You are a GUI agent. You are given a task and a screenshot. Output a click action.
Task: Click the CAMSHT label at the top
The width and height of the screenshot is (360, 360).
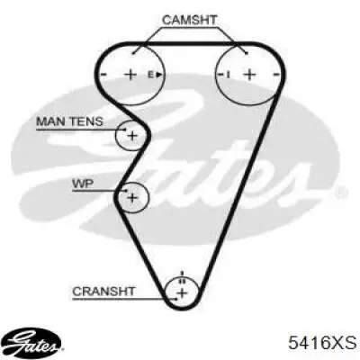pos(189,20)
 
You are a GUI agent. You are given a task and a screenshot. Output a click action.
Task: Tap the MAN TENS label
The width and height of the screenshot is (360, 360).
pos(69,121)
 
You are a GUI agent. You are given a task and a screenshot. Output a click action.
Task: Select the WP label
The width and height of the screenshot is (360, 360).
pos(83,184)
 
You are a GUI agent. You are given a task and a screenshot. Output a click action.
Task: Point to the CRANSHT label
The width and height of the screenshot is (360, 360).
pos(103,292)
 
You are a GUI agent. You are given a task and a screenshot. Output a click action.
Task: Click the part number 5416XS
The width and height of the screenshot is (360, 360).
pos(322,342)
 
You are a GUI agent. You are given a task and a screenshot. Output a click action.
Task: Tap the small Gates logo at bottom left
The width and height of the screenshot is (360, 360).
pos(33,343)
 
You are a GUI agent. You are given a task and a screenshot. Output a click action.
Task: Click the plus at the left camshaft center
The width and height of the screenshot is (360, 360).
pos(130,74)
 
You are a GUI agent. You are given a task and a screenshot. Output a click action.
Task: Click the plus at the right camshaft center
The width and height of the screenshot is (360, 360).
pos(249,74)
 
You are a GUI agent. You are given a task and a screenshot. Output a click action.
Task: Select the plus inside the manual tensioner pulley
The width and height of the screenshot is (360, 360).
pos(132,136)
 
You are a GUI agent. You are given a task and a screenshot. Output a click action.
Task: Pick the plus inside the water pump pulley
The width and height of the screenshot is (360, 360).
pos(132,198)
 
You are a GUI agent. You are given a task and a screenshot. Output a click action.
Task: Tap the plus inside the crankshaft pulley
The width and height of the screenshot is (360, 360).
pos(182,293)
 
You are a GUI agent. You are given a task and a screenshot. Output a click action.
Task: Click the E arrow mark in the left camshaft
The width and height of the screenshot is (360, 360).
pos(155,75)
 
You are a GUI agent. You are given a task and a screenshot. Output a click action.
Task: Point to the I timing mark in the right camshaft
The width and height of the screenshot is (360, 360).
pos(228,75)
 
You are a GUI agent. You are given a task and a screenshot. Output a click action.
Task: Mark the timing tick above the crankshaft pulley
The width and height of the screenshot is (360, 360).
pos(182,274)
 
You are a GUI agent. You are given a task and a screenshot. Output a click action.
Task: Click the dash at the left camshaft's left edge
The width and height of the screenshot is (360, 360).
pos(103,75)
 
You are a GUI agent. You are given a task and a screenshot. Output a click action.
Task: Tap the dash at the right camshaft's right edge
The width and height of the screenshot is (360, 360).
pos(277,74)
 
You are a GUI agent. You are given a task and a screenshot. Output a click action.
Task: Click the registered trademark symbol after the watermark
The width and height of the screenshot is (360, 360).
pos(340,193)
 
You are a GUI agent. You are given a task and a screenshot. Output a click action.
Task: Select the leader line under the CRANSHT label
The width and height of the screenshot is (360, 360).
pos(124,299)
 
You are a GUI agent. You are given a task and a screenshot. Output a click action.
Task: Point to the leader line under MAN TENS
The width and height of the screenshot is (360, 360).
pos(80,130)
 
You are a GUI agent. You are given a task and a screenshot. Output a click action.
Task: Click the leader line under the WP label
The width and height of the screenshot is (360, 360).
pos(99,191)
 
